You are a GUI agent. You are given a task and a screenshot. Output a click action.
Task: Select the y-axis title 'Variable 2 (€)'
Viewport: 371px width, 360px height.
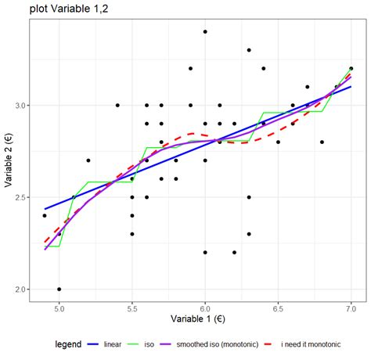click(x=9, y=161)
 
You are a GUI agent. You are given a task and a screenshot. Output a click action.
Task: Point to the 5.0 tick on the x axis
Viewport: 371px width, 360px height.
click(x=59, y=308)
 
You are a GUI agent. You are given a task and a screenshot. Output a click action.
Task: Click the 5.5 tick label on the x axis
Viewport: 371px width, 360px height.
click(x=131, y=308)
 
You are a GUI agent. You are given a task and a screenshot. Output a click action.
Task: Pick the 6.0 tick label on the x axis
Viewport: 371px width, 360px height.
click(x=205, y=308)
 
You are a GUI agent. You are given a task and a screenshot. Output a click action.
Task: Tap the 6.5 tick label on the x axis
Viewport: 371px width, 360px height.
click(x=278, y=308)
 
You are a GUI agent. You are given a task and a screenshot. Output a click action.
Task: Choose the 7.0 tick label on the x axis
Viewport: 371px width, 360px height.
click(x=351, y=308)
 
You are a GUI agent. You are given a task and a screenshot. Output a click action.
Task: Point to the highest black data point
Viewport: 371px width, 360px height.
click(x=205, y=31)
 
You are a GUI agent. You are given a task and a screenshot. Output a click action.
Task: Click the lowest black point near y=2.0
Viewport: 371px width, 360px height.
click(x=59, y=289)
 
